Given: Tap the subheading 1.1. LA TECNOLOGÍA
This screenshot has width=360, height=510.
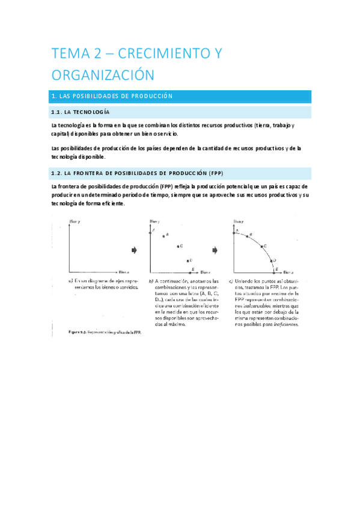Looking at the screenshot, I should (x=81, y=112).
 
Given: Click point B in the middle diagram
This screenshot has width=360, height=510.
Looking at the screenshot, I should (x=163, y=235).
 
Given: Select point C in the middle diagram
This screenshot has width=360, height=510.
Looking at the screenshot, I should (x=178, y=246).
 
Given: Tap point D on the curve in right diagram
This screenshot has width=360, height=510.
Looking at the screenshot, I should (x=272, y=260).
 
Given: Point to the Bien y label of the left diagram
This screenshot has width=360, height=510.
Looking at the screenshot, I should (x=75, y=222).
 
